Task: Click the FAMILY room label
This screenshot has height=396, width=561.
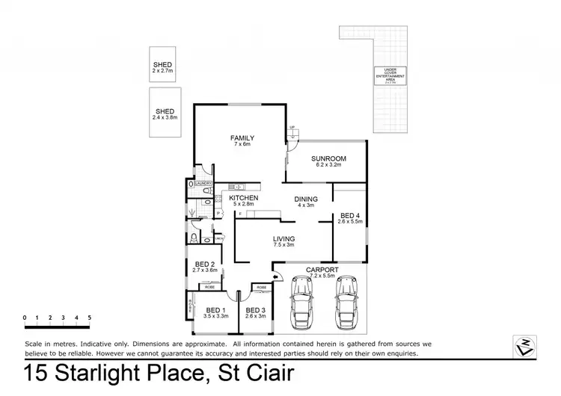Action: (x=242, y=138)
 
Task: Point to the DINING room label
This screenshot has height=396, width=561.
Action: (x=306, y=198)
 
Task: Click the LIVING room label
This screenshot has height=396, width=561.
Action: (x=283, y=238)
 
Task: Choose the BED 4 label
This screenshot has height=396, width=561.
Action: (x=349, y=215)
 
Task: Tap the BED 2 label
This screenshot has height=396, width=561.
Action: (x=205, y=264)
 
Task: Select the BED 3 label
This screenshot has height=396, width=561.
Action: (x=256, y=309)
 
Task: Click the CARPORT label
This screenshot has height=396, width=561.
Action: (x=322, y=269)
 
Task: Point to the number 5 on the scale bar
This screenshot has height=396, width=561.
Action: (x=89, y=318)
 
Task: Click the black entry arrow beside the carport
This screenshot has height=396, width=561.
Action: (x=276, y=277)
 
